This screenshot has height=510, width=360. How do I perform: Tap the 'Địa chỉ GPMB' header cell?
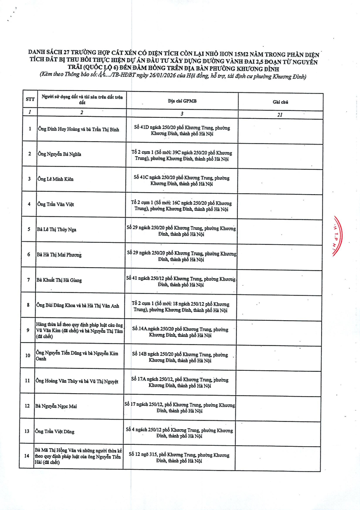(182, 101)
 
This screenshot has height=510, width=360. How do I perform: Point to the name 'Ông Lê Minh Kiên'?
(55, 179)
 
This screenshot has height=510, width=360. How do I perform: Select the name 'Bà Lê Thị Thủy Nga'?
(56, 229)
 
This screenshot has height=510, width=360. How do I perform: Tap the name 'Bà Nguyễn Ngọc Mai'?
(56, 406)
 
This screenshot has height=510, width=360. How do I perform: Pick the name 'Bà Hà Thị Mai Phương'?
(59, 255)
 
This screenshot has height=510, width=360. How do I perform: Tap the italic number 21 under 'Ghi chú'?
(280, 115)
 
